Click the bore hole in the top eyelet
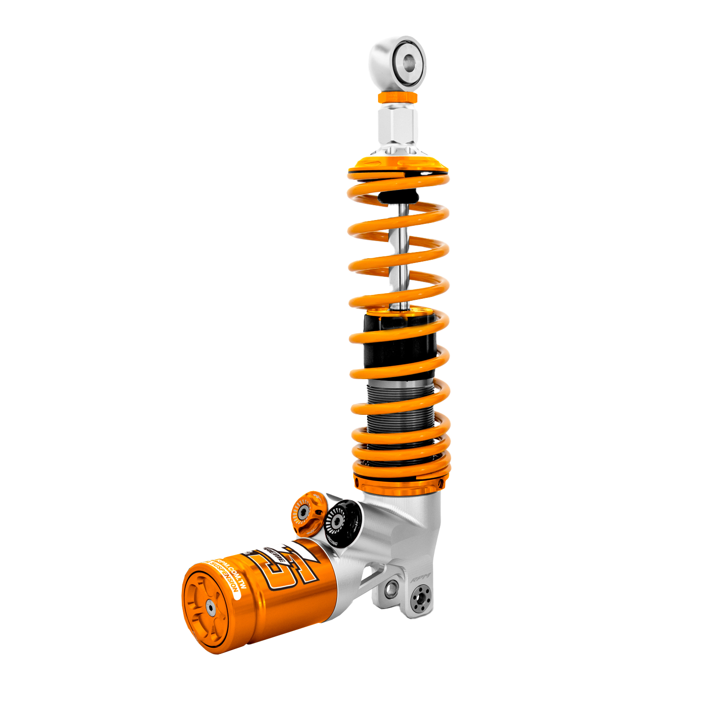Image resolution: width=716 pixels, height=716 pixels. click(409, 62)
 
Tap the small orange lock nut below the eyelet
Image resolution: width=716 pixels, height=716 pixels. click(397, 98)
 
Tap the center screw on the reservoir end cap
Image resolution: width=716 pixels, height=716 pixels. click(210, 606)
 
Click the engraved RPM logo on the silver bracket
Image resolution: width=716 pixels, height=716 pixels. click(421, 577)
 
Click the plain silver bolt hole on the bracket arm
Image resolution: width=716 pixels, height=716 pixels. click(391, 589)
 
